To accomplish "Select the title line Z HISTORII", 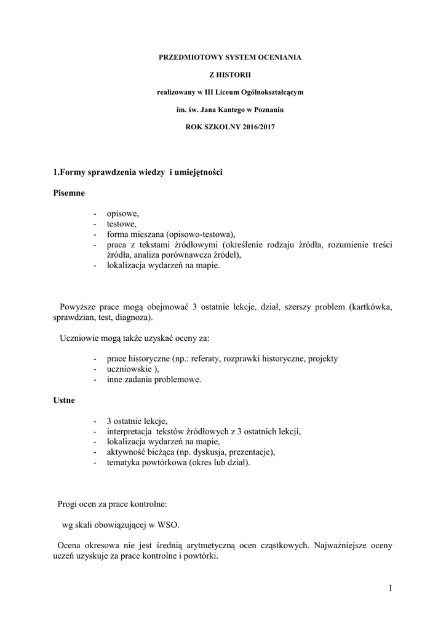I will click(x=222, y=75).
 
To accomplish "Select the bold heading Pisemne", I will click(x=69, y=193).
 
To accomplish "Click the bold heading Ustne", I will click(x=64, y=401).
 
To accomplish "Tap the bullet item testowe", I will click(x=122, y=224).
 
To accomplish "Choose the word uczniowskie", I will click(x=131, y=369).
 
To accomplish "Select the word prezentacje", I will click(x=249, y=452).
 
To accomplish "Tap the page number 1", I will click(x=390, y=589).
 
